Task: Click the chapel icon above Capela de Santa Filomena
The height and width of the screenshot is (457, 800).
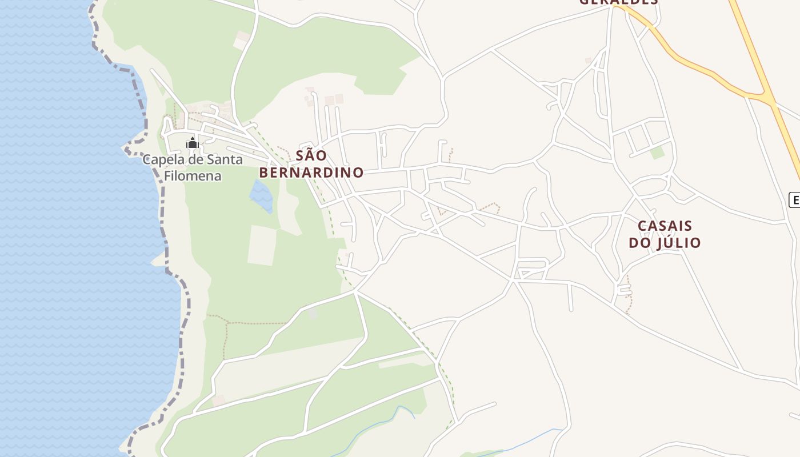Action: point(193,143)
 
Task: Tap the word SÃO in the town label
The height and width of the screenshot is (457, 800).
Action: point(311,155)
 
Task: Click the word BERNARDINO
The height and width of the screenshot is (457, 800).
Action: point(311,173)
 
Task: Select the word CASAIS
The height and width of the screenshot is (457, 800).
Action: point(665,226)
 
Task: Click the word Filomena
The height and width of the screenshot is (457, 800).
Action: point(193,176)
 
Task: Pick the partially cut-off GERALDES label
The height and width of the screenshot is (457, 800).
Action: point(618,2)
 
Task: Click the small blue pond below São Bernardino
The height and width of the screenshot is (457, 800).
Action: point(261,195)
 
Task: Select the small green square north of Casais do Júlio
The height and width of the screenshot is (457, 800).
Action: point(658,153)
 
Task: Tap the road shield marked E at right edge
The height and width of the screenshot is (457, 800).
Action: point(794,200)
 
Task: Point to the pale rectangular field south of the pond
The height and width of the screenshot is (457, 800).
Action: point(262,246)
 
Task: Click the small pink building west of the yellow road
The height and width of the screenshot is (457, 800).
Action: point(588,61)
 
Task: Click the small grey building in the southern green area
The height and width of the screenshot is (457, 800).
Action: point(312,314)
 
